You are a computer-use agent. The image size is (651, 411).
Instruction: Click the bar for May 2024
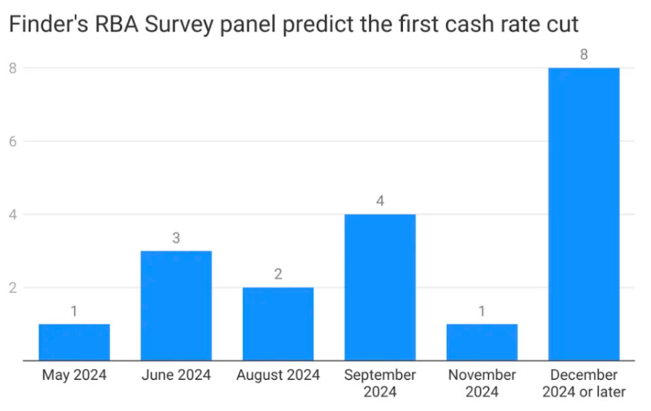(75, 342)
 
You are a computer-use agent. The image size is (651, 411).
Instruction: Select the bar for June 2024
(176, 305)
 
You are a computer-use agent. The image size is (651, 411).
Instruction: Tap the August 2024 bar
(278, 323)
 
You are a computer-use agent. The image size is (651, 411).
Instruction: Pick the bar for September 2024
(380, 287)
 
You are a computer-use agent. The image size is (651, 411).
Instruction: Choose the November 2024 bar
(482, 342)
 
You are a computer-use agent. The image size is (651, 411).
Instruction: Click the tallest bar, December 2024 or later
(584, 214)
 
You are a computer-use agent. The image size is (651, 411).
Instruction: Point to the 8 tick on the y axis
(13, 68)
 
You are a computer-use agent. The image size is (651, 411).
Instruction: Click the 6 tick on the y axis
(13, 141)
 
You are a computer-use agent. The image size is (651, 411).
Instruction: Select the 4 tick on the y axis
(13, 214)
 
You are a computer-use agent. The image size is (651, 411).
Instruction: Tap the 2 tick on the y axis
(13, 287)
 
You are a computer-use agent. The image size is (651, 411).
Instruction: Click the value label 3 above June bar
(176, 238)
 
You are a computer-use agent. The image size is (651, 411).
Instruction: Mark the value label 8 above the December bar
(584, 55)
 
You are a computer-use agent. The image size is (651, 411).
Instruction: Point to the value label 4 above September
(380, 201)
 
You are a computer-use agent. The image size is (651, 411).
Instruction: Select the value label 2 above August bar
(278, 274)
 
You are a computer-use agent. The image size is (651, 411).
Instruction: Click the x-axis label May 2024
(75, 376)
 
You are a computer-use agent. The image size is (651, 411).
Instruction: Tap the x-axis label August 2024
(278, 376)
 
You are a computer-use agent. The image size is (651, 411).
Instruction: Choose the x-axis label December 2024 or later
(584, 384)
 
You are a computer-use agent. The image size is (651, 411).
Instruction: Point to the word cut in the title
(561, 25)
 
